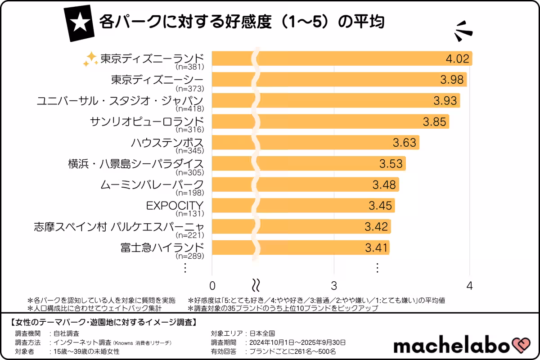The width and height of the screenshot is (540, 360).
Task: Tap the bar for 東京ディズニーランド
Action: click(x=342, y=58)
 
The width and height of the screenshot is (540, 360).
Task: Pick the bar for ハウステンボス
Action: click(x=315, y=143)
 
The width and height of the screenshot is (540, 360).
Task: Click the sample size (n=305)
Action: click(x=190, y=172)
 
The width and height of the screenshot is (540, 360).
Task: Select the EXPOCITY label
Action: click(x=175, y=206)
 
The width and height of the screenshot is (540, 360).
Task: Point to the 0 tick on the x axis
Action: click(x=212, y=286)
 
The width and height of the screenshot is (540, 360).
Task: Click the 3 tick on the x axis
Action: click(x=334, y=286)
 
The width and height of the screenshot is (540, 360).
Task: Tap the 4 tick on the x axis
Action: click(x=470, y=286)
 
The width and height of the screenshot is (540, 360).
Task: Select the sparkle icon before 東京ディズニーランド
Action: click(x=90, y=59)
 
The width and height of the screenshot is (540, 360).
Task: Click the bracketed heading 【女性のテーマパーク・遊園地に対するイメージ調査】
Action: click(x=103, y=322)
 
